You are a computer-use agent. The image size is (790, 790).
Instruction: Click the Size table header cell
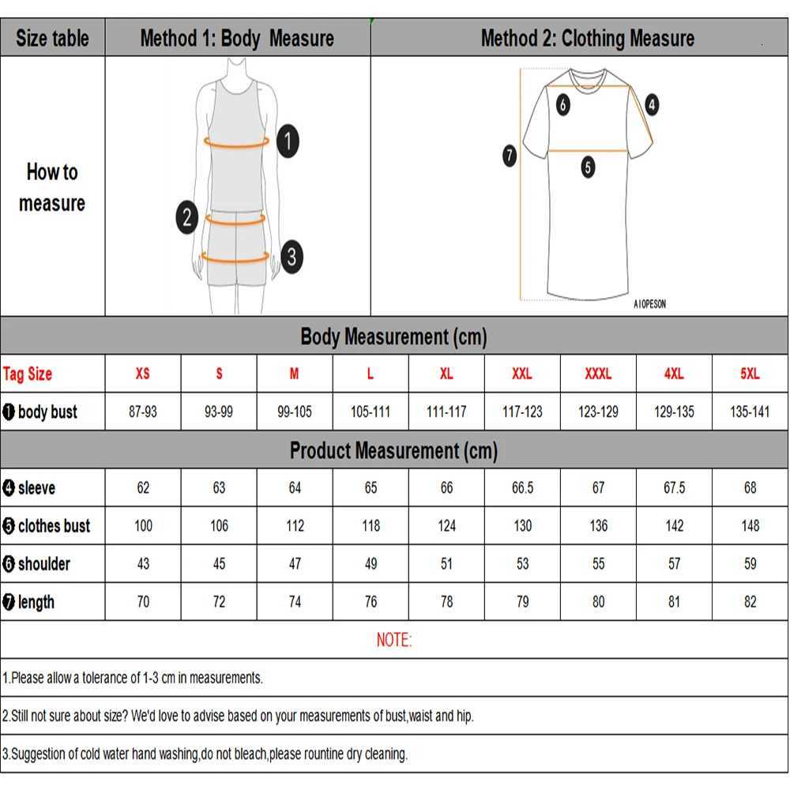52,38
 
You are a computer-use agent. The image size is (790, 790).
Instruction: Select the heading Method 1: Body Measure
237,38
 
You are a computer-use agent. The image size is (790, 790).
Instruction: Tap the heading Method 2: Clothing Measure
588,38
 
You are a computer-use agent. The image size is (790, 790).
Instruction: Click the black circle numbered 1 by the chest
288,141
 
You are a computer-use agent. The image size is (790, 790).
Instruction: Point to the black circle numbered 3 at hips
292,256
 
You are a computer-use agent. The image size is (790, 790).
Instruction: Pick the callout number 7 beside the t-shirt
510,156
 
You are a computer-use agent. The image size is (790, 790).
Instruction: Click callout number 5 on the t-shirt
588,167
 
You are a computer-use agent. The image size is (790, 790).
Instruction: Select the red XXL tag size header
522,374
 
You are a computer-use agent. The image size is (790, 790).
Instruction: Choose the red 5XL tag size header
750,374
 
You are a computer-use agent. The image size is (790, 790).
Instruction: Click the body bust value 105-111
371,412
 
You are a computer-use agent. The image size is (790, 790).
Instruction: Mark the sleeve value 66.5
522,488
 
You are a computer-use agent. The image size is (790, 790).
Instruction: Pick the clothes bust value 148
750,526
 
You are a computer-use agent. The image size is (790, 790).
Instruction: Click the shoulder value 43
143,564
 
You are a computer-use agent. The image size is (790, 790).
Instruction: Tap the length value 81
674,602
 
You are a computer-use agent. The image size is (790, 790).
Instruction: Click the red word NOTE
393,640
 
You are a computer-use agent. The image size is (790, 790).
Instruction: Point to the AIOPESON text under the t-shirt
649,304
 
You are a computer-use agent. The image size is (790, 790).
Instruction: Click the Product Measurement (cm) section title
393,450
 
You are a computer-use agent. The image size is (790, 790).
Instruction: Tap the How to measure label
52,187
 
